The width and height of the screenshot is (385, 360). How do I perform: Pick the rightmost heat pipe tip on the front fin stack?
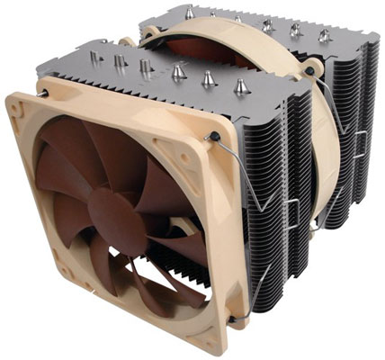coord(239,87)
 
